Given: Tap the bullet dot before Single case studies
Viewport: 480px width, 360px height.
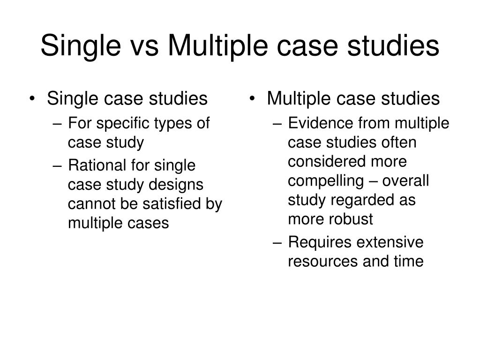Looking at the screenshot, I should pyautogui.click(x=32, y=99).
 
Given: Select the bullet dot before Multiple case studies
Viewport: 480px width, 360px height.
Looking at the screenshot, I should pyautogui.click(x=253, y=99).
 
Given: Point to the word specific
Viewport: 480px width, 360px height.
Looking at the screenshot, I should pyautogui.click(x=120, y=124).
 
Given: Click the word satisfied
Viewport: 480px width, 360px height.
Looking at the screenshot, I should pyautogui.click(x=178, y=204).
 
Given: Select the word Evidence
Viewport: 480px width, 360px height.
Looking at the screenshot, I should pyautogui.click(x=321, y=123).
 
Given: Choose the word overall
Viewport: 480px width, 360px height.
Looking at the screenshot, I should pyautogui.click(x=406, y=181).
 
